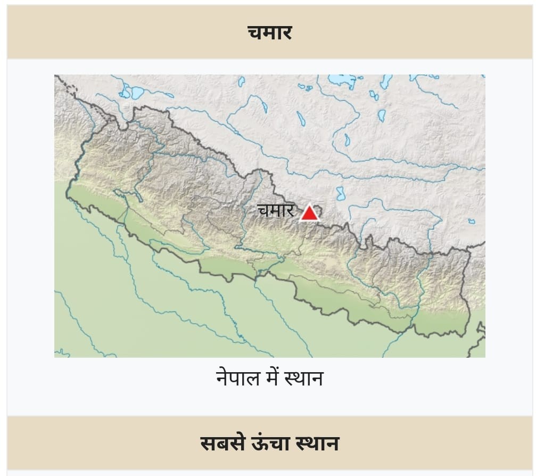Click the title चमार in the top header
(x=270, y=33)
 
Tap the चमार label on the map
(x=276, y=211)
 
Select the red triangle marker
(x=309, y=213)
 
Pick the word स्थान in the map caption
(x=303, y=379)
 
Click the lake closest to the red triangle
(x=340, y=193)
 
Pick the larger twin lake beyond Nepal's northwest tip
(x=137, y=93)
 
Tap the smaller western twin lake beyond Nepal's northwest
(x=126, y=92)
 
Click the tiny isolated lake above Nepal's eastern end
(x=472, y=221)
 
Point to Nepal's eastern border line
(x=466, y=288)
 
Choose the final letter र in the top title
(x=286, y=33)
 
